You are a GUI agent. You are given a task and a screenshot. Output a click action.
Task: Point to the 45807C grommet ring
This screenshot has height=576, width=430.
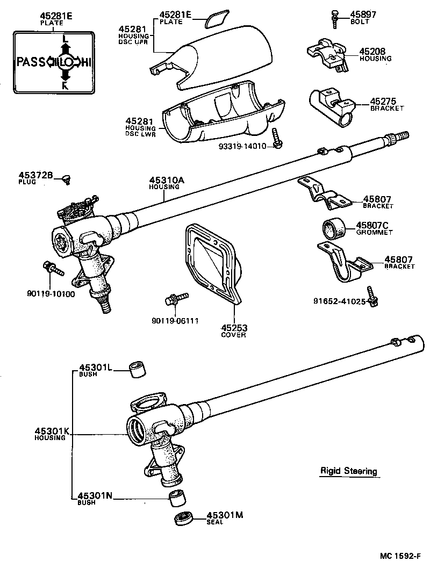331,228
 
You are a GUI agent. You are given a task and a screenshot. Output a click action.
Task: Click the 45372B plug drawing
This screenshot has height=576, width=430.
66,178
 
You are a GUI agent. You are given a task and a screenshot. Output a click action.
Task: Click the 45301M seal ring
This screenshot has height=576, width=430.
184,520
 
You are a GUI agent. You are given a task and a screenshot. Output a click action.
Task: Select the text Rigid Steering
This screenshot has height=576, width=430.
348,471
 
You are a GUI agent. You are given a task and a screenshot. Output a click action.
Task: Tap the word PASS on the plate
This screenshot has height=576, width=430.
31,62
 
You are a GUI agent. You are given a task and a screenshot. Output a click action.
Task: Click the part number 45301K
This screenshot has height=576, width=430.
51,431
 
